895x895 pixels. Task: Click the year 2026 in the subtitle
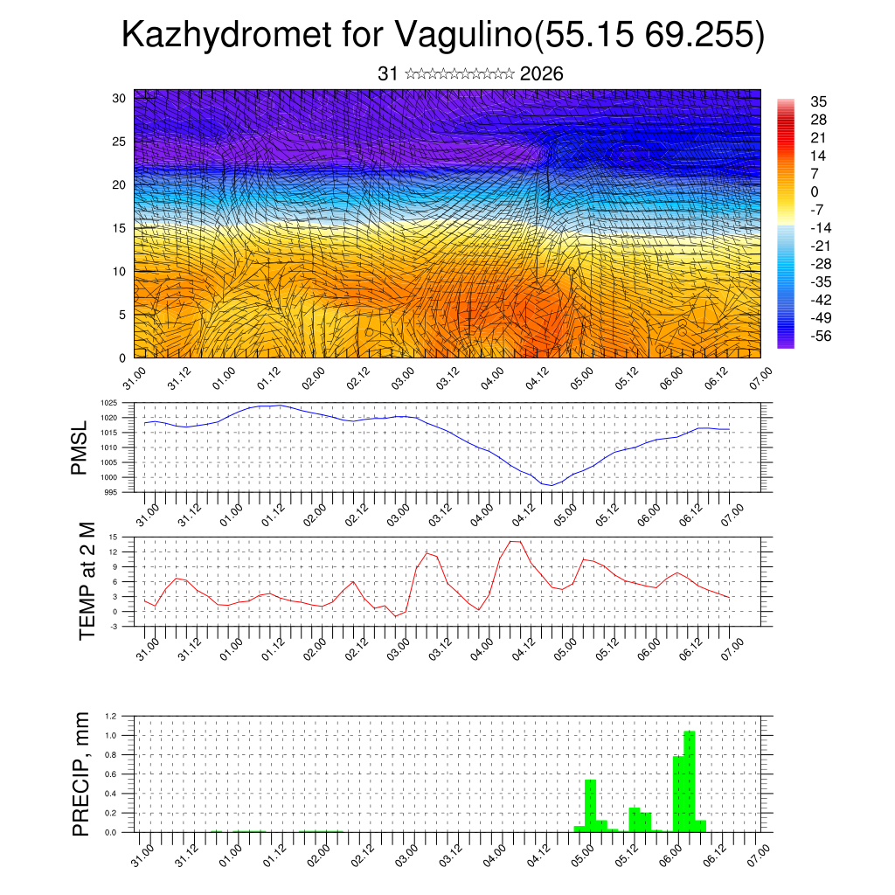541,74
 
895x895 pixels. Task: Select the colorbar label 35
819,102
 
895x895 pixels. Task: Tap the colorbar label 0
815,191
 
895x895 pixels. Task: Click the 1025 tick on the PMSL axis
108,404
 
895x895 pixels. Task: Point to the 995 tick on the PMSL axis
110,492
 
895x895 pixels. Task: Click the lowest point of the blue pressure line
551,485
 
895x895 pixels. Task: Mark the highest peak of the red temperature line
515,542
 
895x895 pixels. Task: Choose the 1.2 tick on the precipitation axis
112,716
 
